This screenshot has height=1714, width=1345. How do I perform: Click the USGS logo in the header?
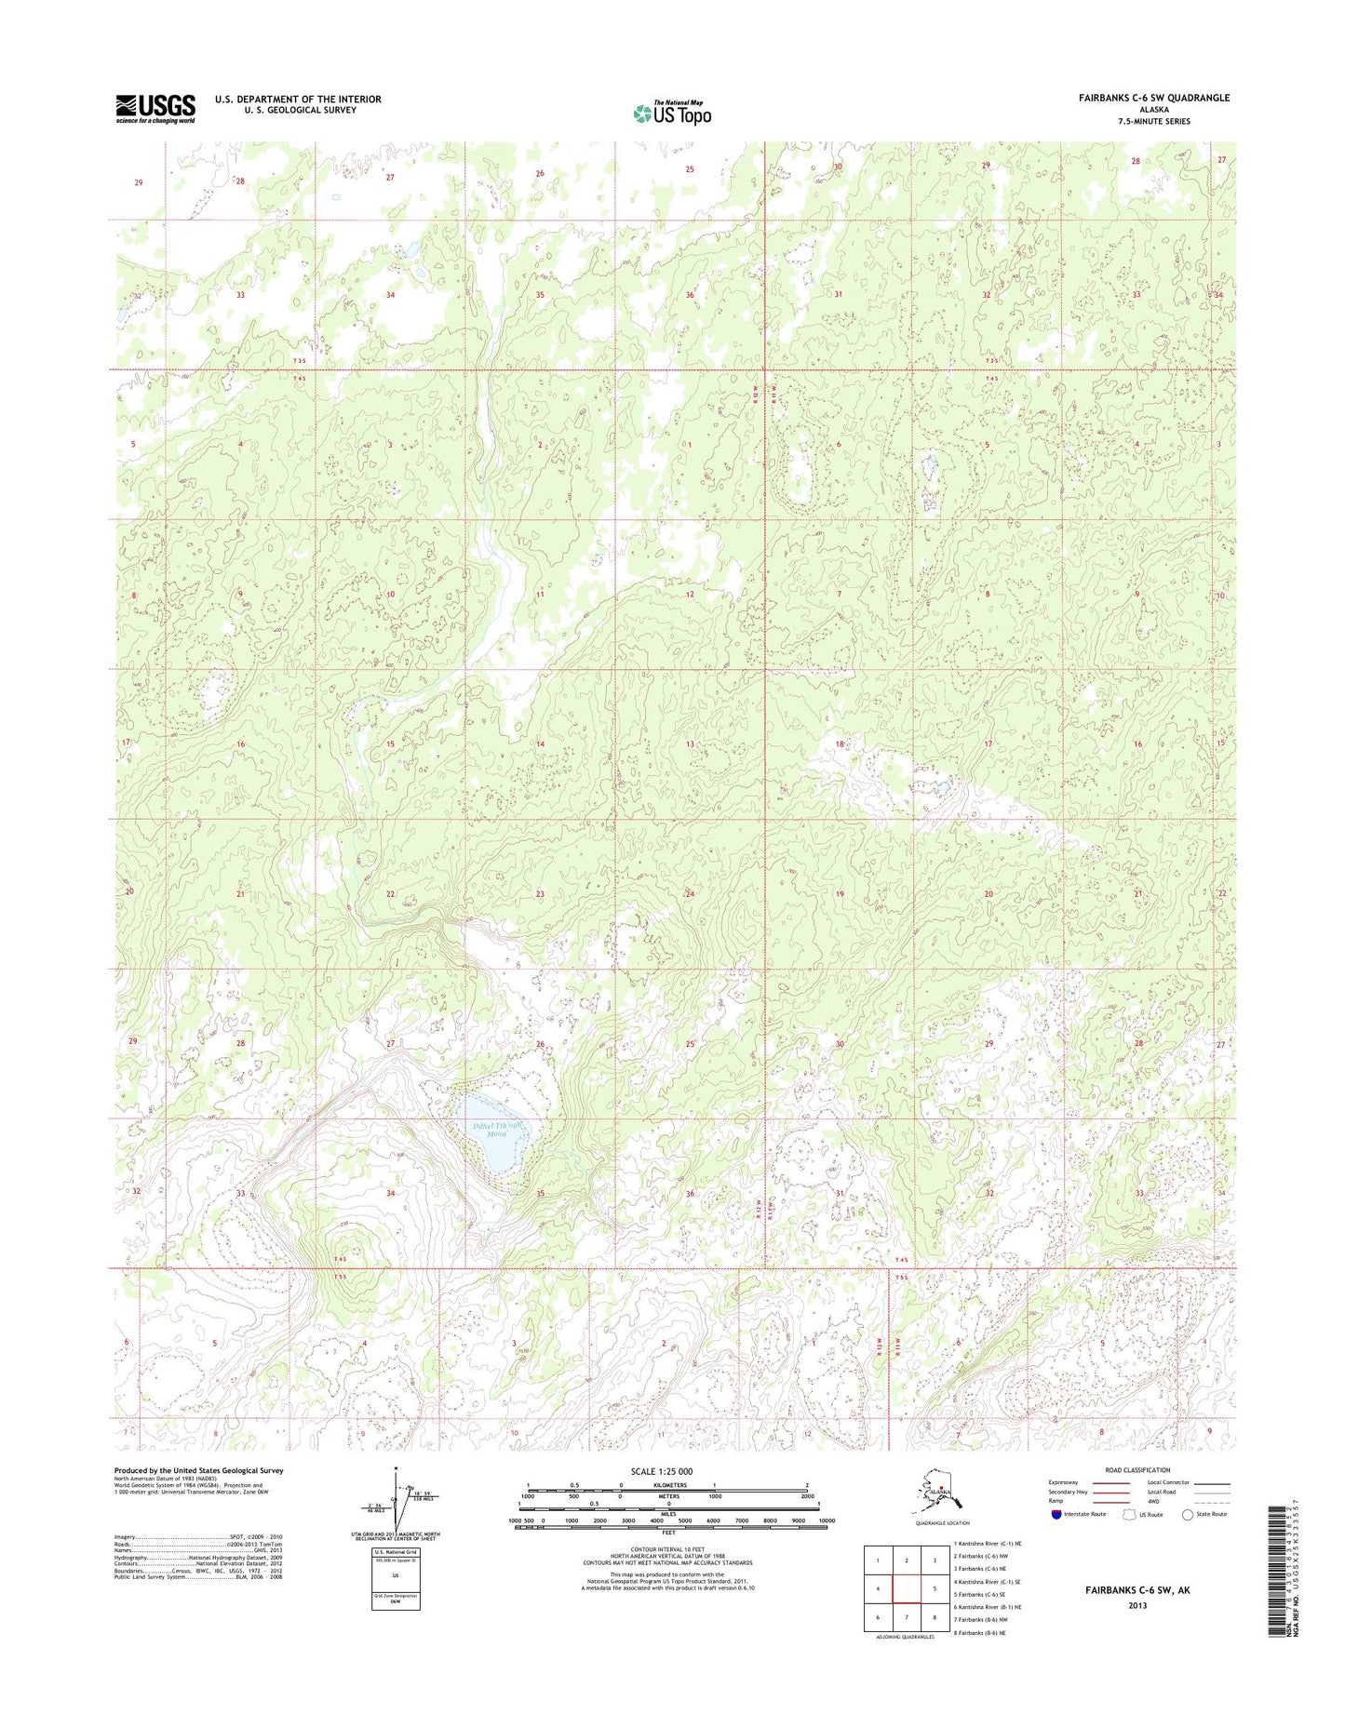pos(155,108)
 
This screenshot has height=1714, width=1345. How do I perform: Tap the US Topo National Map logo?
pos(672,112)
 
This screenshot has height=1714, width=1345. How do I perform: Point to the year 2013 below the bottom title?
pos(1137,1605)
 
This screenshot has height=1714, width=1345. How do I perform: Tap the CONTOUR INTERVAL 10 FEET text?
pos(667,1549)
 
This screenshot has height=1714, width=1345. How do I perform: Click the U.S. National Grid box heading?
pos(395,1552)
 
